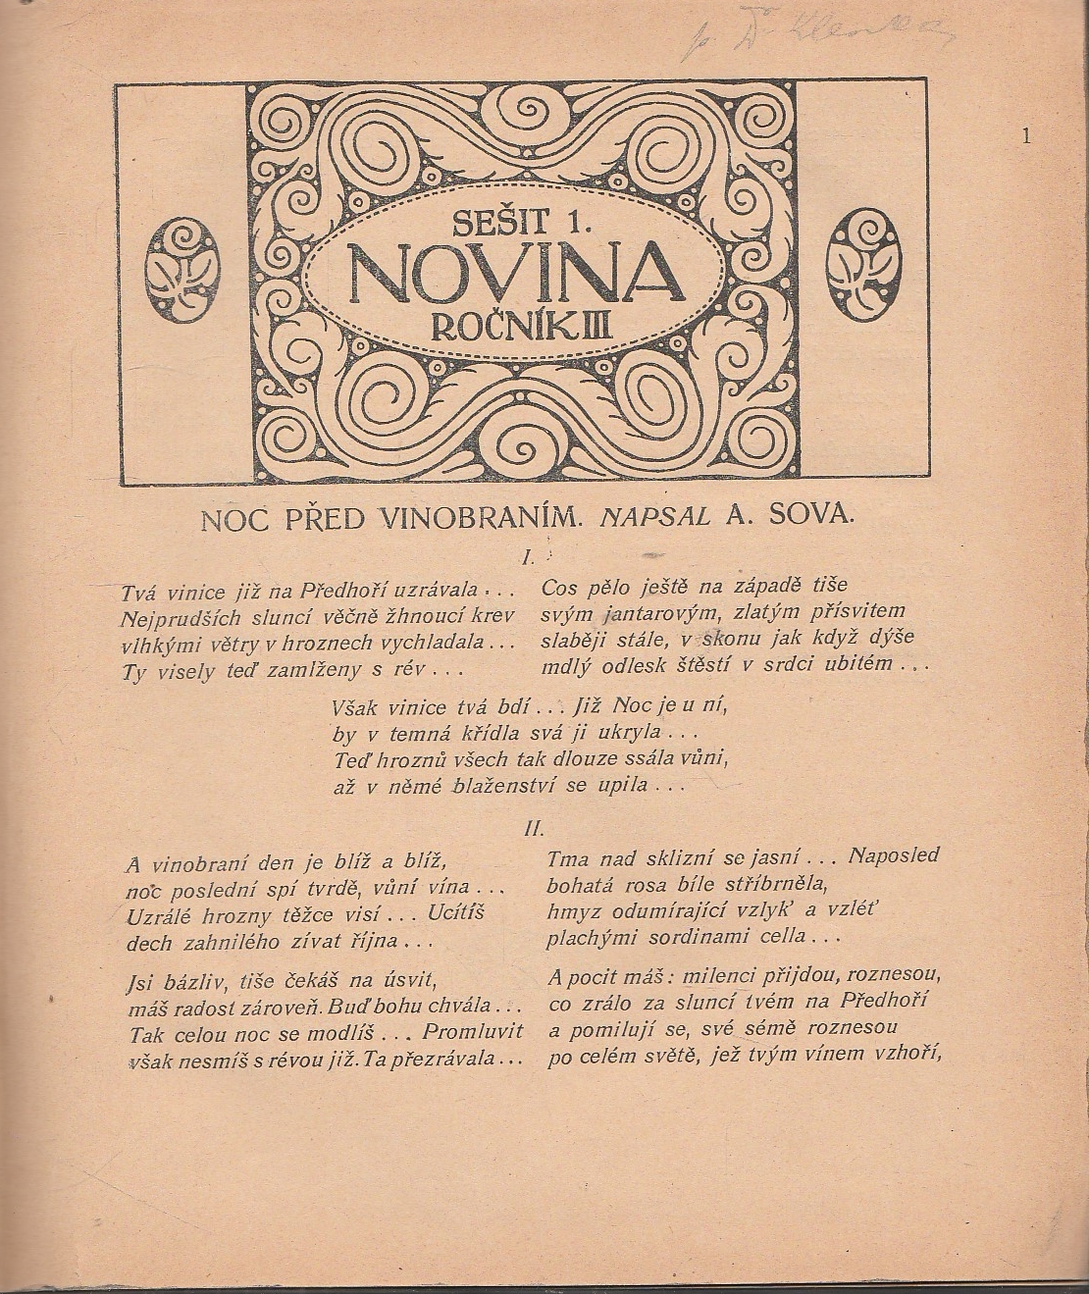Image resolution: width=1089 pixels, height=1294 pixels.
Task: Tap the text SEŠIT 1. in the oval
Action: (521, 222)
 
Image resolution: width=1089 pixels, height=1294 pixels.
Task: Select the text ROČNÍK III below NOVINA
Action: (522, 323)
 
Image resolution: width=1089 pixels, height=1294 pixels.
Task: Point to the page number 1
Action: (1026, 137)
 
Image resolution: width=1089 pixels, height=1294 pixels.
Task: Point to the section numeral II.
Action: (534, 828)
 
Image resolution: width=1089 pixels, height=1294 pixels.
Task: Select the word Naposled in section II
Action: (893, 855)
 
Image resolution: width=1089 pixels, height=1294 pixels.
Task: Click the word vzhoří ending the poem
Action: (903, 1056)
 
